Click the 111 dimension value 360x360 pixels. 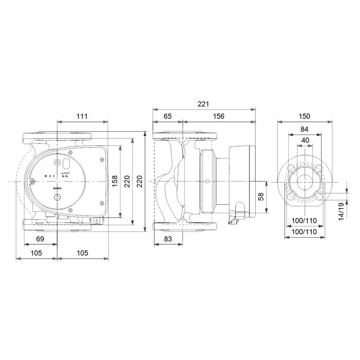(82, 117)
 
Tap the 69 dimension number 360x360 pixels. (40, 240)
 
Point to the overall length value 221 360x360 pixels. (203, 104)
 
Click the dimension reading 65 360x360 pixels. (167, 117)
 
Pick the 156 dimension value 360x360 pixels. (218, 117)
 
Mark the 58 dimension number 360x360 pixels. (261, 197)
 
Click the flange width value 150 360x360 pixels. (305, 117)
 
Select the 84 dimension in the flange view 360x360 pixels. (305, 129)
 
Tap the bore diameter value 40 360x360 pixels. (305, 141)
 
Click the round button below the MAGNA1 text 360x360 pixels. (58, 197)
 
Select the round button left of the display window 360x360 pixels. (57, 163)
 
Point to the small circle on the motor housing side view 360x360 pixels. (207, 181)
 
